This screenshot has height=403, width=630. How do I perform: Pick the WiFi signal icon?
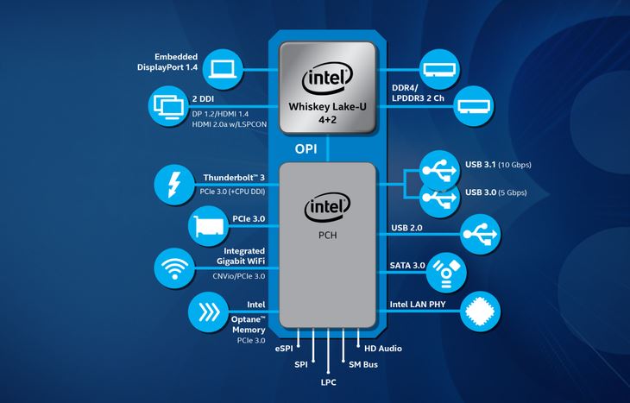(x=174, y=268)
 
